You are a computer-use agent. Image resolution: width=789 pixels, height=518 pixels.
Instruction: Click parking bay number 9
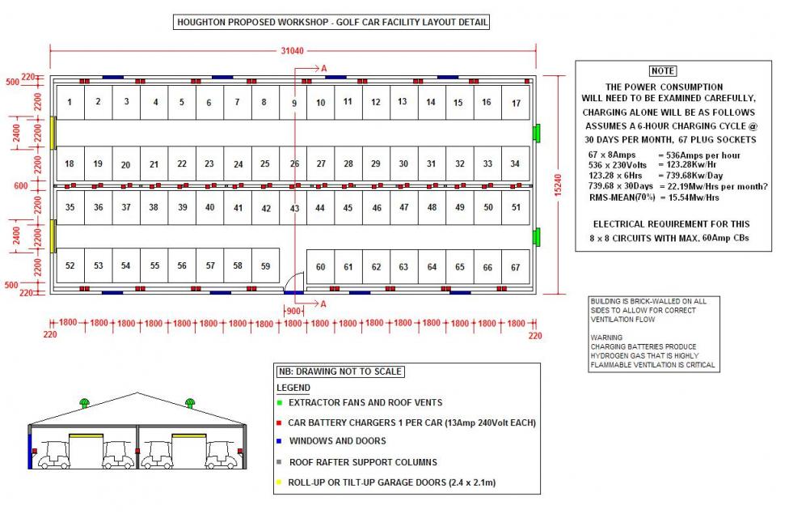pos(294,103)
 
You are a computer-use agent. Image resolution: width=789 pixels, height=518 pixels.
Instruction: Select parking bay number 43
pos(294,208)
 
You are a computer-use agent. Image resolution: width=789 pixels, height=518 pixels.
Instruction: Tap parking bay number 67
pos(515,267)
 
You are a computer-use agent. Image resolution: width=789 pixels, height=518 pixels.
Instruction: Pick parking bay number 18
pos(70,163)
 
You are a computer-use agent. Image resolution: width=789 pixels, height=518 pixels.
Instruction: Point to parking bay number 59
pos(265,265)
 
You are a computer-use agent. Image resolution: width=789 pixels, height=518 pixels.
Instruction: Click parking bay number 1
pos(70,102)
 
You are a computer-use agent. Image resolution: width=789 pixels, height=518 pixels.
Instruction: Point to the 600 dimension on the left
pos(22,186)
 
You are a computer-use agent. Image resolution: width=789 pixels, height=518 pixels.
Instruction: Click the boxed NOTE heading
pos(663,71)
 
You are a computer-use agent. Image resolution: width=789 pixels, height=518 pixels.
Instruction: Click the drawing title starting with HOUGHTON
pos(332,22)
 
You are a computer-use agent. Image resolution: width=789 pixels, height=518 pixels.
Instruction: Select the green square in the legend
pos(279,402)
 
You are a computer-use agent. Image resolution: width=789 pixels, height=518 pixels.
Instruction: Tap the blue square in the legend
pos(279,441)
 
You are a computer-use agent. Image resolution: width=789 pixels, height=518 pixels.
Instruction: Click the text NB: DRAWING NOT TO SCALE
pos(340,372)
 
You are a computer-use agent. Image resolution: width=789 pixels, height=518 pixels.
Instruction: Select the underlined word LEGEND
pos(293,388)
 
